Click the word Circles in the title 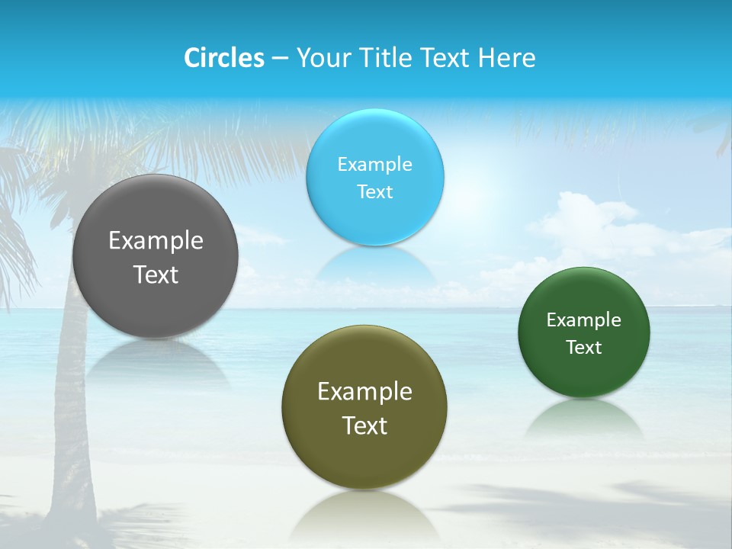pos(224,58)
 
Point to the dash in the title pos(280,59)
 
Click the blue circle pos(374,177)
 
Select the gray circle pos(156,256)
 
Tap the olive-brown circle pos(364,407)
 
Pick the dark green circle pos(583,332)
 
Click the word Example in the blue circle pos(374,164)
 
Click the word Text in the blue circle pos(374,191)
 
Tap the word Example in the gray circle pos(156,241)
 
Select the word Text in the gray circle pos(156,274)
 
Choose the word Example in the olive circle pos(364,392)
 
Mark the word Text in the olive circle pos(364,425)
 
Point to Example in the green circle pos(583,319)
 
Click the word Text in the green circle pos(583,347)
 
